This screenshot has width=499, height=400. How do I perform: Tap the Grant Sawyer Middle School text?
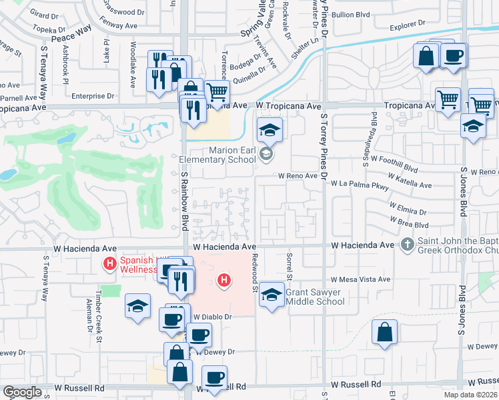click(315, 297)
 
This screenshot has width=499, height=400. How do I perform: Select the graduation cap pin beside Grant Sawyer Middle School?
click(272, 295)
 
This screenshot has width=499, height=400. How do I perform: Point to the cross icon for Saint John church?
click(407, 245)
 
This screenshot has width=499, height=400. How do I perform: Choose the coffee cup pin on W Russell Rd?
click(214, 378)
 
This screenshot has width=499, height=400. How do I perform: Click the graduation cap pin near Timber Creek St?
click(138, 307)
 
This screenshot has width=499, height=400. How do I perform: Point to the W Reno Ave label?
click(298, 175)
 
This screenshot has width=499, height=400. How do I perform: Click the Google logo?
click(22, 392)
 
